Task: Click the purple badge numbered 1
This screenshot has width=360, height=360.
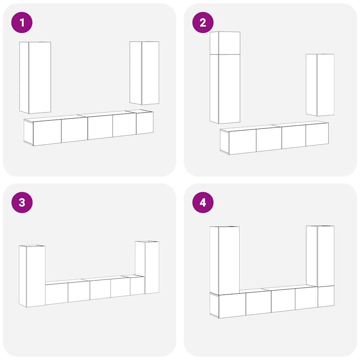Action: click(x=22, y=22)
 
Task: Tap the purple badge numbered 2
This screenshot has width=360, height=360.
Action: click(x=203, y=22)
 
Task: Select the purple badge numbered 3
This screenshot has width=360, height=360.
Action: click(x=22, y=202)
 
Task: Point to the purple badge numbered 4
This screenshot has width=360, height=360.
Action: click(x=203, y=202)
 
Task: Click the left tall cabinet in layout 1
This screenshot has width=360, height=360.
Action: click(x=35, y=78)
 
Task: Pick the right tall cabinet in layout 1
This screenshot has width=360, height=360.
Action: click(x=144, y=73)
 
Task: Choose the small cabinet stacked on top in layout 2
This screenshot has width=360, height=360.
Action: click(x=225, y=43)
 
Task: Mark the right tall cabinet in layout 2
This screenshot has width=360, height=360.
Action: click(x=320, y=85)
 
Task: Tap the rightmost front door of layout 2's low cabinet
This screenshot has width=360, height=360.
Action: click(x=317, y=135)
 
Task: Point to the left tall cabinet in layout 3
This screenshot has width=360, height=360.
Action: click(x=32, y=276)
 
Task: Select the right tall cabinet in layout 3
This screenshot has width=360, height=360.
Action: click(x=147, y=267)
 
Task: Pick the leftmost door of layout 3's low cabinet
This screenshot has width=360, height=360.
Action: click(x=57, y=294)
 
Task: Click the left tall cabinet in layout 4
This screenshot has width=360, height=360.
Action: click(x=225, y=261)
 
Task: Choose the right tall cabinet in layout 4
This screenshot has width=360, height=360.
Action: click(x=320, y=256)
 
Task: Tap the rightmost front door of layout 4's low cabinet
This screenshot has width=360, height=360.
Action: click(x=326, y=296)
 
